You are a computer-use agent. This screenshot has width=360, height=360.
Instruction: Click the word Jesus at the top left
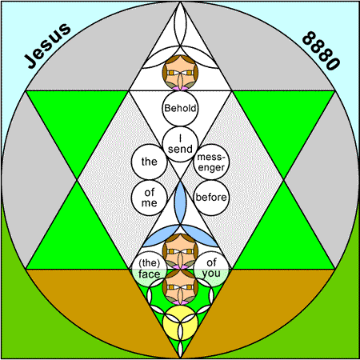pos(47,46)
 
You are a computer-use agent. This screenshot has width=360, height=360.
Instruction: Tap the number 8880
pos(321,50)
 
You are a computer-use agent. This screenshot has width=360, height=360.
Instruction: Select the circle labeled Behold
pos(180,108)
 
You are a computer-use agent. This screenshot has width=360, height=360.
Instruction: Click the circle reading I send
pos(180,144)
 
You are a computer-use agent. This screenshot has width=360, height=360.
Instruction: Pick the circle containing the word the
pos(150,162)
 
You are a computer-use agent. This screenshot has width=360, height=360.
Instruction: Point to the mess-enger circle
pos(211,162)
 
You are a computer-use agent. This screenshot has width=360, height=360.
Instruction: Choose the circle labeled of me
pos(150,198)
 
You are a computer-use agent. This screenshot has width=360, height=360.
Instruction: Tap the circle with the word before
pos(211,198)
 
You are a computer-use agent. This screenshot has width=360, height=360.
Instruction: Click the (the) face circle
pos(150,269)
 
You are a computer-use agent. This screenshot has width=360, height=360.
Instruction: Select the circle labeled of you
pos(211,269)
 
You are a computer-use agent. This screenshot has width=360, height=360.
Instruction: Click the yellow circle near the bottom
pos(180,322)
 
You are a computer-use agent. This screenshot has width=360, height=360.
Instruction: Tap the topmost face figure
pos(180,73)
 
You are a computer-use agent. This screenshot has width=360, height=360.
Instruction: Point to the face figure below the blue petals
pos(180,251)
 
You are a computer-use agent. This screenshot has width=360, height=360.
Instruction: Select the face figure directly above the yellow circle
pos(180,287)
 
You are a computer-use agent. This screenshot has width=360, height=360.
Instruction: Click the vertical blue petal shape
pos(180,202)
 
